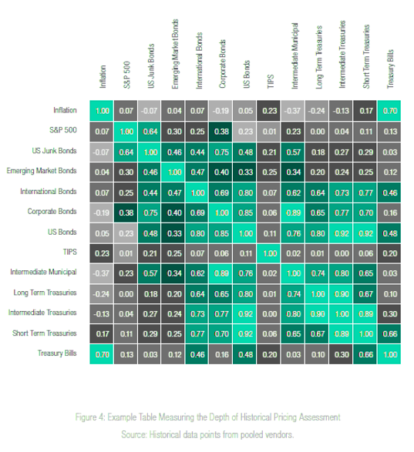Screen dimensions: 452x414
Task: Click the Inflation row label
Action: point(65,110)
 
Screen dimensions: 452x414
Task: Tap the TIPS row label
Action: point(69,252)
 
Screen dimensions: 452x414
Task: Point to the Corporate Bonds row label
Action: point(55,211)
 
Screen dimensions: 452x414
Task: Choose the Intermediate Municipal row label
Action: point(45,272)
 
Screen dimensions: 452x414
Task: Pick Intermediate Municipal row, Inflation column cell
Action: point(103,272)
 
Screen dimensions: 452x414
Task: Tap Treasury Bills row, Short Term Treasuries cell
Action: point(366,353)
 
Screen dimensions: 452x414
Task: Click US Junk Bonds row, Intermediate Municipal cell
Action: point(294,150)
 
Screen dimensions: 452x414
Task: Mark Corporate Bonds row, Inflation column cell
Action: point(103,211)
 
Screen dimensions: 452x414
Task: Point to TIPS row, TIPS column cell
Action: point(270,252)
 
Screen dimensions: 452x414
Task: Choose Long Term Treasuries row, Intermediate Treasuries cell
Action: point(342,293)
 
